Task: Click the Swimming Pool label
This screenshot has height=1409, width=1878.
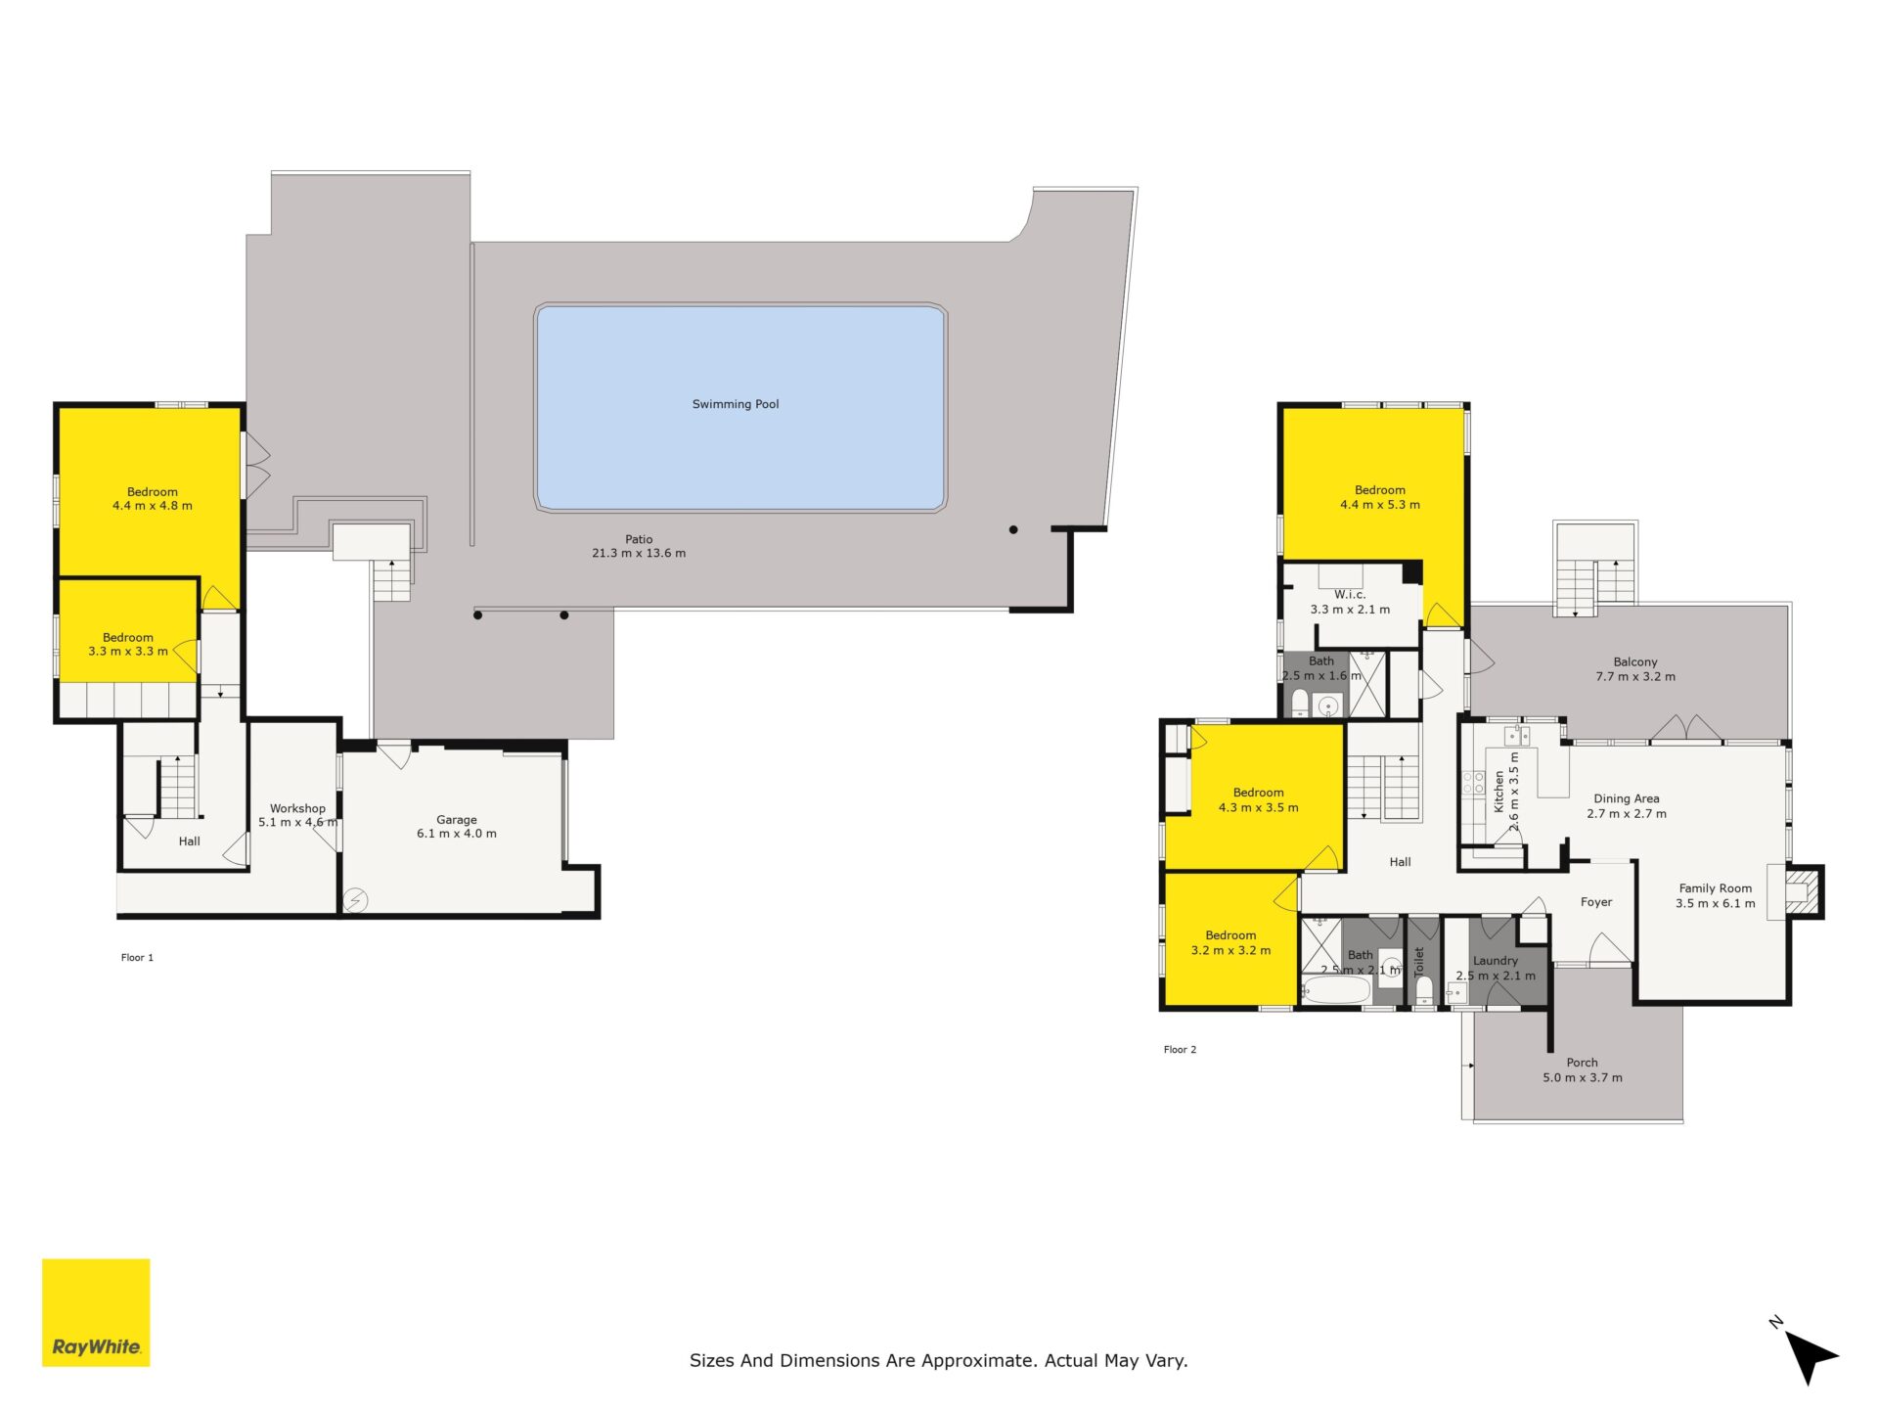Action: (x=736, y=404)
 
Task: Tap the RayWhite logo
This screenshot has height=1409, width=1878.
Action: (x=96, y=1312)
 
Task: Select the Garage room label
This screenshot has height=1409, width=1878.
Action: (x=457, y=820)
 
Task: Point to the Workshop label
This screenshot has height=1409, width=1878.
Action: (x=297, y=808)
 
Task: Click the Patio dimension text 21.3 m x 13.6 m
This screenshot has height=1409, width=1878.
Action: (x=639, y=553)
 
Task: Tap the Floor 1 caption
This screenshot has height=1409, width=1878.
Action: (x=137, y=958)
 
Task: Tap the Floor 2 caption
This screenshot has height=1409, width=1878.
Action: (x=1180, y=1050)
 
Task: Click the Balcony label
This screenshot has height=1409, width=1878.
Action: (x=1635, y=662)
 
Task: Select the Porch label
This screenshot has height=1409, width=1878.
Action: (x=1582, y=1063)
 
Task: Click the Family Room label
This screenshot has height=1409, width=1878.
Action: (x=1716, y=888)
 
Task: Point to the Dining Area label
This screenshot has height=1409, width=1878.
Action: (x=1627, y=798)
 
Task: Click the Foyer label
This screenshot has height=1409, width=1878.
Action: (x=1596, y=902)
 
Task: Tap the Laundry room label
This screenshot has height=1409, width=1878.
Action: (x=1496, y=961)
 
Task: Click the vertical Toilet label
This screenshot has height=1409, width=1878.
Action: (x=1419, y=961)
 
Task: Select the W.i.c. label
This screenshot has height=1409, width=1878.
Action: (x=1350, y=595)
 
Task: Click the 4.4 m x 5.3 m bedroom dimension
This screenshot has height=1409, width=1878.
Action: (x=1380, y=505)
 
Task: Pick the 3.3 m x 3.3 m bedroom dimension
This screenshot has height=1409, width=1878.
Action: (x=128, y=652)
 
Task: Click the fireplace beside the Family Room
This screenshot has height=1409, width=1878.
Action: (x=1797, y=891)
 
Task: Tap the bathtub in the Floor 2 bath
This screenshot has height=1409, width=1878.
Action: (x=1337, y=990)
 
